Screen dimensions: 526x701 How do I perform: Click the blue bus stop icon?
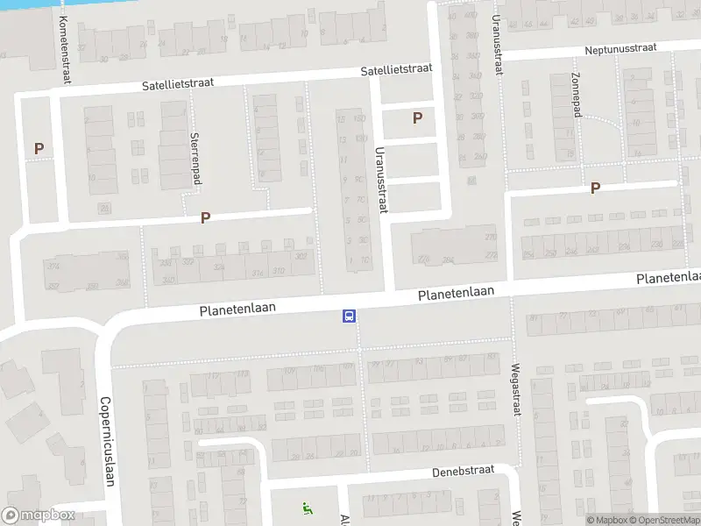[x=349, y=316]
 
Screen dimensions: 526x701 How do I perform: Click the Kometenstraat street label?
[x=64, y=50]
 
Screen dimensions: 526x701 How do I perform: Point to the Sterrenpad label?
[x=194, y=159]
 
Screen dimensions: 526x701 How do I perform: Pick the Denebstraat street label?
[x=464, y=472]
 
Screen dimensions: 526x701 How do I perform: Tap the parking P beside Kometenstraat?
[x=39, y=149]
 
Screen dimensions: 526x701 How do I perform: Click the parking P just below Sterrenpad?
[x=206, y=217]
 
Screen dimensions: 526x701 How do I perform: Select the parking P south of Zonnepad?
[x=596, y=188]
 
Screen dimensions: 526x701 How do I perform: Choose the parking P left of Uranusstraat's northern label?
[x=417, y=117]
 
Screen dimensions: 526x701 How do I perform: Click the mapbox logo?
[x=37, y=515]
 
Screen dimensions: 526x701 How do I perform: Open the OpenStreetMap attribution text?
[x=662, y=520]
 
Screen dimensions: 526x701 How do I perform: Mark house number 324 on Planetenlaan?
[x=218, y=267]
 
